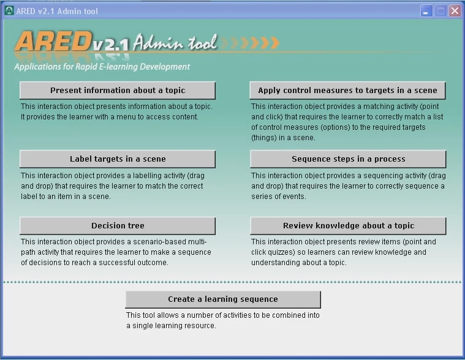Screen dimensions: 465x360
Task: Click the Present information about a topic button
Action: click(x=118, y=91)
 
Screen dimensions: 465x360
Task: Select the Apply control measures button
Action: click(x=347, y=91)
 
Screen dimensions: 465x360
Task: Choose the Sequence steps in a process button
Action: click(x=348, y=159)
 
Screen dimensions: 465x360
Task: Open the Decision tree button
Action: click(x=118, y=226)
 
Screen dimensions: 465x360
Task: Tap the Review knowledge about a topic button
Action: click(x=348, y=226)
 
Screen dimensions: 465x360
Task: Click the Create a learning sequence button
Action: click(x=223, y=299)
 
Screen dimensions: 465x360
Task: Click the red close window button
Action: click(x=455, y=11)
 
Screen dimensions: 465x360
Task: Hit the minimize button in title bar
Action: click(x=426, y=11)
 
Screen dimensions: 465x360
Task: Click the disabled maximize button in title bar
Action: click(x=440, y=11)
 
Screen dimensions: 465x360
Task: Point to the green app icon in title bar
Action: click(x=9, y=10)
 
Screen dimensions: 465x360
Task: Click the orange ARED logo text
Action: click(x=53, y=42)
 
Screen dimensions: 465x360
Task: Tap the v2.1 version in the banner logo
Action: click(x=111, y=45)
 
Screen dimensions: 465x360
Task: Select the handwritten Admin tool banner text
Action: click(x=175, y=42)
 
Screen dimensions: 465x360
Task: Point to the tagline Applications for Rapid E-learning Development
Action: click(x=102, y=67)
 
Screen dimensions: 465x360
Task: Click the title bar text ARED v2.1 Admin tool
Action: click(x=57, y=11)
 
